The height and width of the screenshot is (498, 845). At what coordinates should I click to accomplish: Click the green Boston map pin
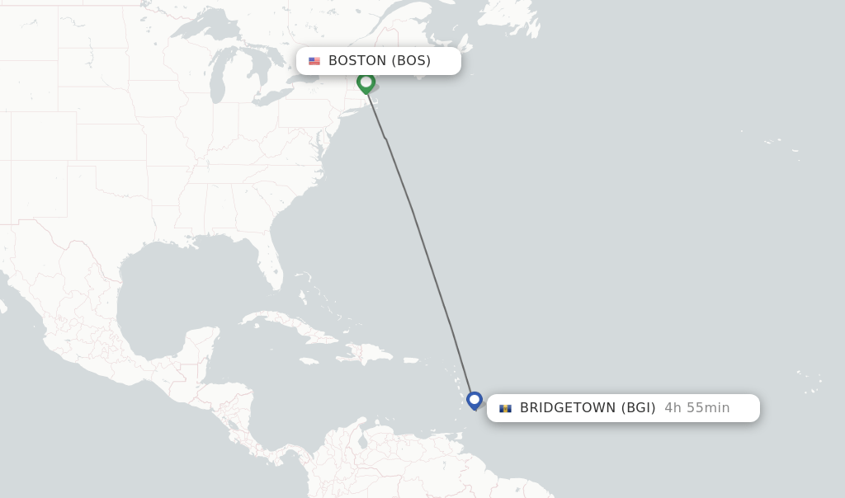[x=366, y=82]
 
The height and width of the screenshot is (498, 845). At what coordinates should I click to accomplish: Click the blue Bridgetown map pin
[x=474, y=400]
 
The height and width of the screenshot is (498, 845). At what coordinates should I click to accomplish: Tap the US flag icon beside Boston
[x=314, y=61]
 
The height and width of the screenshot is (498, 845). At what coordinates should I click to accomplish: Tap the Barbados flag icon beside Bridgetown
[x=505, y=408]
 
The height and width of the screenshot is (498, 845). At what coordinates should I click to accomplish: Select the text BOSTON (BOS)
[x=380, y=61]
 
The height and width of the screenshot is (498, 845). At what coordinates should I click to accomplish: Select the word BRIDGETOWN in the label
[x=568, y=408]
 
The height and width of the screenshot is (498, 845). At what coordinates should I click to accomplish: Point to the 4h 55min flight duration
[x=697, y=408]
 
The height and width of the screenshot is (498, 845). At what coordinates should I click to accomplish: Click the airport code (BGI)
[x=639, y=408]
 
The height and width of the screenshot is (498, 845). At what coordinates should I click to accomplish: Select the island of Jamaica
[x=309, y=360]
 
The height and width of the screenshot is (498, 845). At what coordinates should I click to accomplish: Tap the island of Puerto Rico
[x=410, y=360]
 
